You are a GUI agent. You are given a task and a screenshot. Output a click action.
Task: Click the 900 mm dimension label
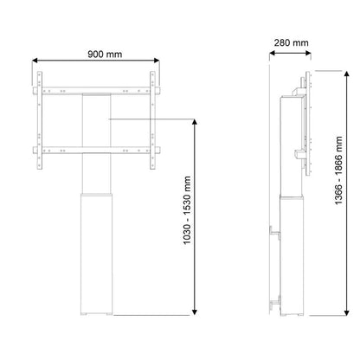pos(105,55)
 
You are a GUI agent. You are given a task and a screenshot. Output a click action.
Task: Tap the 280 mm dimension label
pos(291,43)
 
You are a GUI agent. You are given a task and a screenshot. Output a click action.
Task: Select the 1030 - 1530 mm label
pos(187,210)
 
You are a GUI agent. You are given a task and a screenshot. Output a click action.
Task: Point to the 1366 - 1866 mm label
pos(338,170)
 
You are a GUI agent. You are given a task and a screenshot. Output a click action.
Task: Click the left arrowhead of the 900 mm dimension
pos(35,61)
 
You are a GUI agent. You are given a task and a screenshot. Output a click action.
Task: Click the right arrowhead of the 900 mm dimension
pos(157,61)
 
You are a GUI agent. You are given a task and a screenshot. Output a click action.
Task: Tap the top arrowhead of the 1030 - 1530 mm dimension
pos(195,122)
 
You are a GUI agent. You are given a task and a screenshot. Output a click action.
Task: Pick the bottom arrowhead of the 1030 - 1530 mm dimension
pos(195,312)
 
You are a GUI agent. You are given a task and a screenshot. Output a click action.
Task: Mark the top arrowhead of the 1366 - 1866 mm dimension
pos(347,74)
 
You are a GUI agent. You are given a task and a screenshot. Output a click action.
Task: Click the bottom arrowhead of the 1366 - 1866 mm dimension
pos(347,312)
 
